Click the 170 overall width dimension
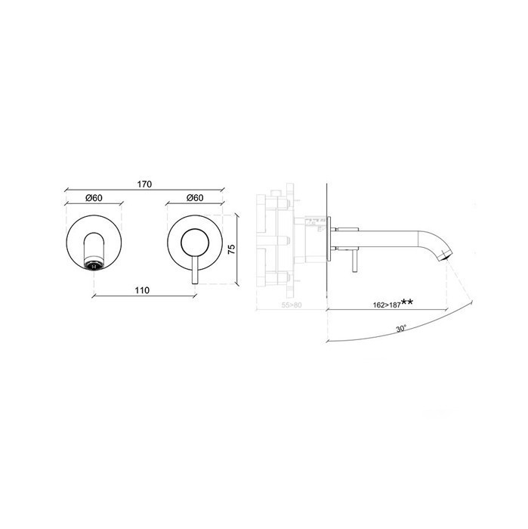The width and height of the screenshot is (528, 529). [146, 184]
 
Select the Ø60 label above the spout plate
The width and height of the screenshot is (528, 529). [94, 198]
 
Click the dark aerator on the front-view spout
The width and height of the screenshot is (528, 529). [94, 265]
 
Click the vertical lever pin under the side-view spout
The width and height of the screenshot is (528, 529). [352, 260]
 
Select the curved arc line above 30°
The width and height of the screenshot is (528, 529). [393, 335]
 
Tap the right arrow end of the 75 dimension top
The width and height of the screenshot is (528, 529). [237, 212]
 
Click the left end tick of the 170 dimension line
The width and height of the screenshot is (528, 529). [66, 190]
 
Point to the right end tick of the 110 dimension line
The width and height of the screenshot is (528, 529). [195, 295]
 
